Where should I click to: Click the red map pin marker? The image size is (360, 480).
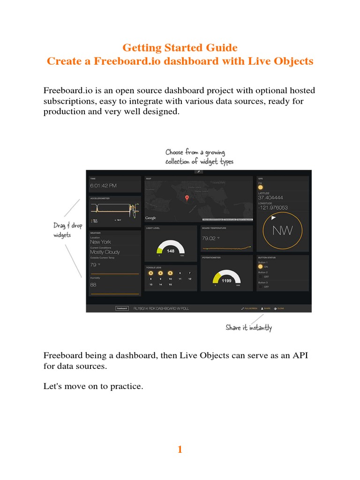(187, 198)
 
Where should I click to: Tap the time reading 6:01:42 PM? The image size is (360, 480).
(104, 186)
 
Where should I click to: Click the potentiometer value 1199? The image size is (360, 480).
(226, 281)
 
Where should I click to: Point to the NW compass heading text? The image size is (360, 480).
(283, 230)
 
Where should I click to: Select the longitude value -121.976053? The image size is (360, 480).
(273, 208)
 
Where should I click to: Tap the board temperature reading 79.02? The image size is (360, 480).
(208, 238)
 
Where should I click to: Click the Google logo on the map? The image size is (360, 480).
(150, 218)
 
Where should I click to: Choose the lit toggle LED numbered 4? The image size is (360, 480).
(160, 272)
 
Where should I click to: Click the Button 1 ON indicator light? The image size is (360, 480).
(261, 267)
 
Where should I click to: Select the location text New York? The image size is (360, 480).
(100, 242)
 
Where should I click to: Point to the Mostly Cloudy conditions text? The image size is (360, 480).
(105, 252)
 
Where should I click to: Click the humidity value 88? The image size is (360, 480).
(93, 285)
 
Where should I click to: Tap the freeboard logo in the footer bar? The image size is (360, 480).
(122, 308)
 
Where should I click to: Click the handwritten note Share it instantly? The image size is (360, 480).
(248, 328)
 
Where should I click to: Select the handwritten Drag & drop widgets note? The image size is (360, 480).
(67, 230)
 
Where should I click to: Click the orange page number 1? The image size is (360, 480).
(180, 450)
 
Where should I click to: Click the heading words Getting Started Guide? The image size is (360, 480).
(180, 48)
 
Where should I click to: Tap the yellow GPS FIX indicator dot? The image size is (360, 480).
(261, 187)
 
